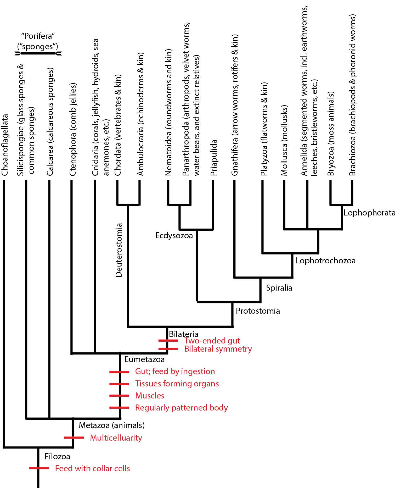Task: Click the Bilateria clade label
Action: pyautogui.click(x=183, y=334)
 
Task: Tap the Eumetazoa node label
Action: pyautogui.click(x=144, y=359)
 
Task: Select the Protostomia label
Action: pyautogui.click(x=258, y=311)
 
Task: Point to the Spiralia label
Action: pyautogui.click(x=279, y=288)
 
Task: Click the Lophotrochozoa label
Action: pyautogui.click(x=325, y=260)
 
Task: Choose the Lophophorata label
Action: pyautogui.click(x=369, y=213)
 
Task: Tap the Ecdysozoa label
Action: pyautogui.click(x=174, y=235)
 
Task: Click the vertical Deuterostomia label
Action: pyautogui.click(x=119, y=250)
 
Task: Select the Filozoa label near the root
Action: pyautogui.click(x=57, y=456)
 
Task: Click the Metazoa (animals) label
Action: pyautogui.click(x=112, y=425)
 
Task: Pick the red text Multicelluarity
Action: pyautogui.click(x=116, y=438)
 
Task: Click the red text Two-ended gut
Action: pyautogui.click(x=212, y=341)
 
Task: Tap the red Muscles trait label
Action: pyautogui.click(x=150, y=396)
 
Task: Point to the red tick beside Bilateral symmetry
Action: pyautogui.click(x=168, y=349)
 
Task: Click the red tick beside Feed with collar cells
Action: pyautogui.click(x=39, y=468)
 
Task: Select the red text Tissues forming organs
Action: pyautogui.click(x=177, y=384)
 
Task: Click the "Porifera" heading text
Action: pyautogui.click(x=38, y=36)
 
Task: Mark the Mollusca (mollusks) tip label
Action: pyautogui.click(x=284, y=140)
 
